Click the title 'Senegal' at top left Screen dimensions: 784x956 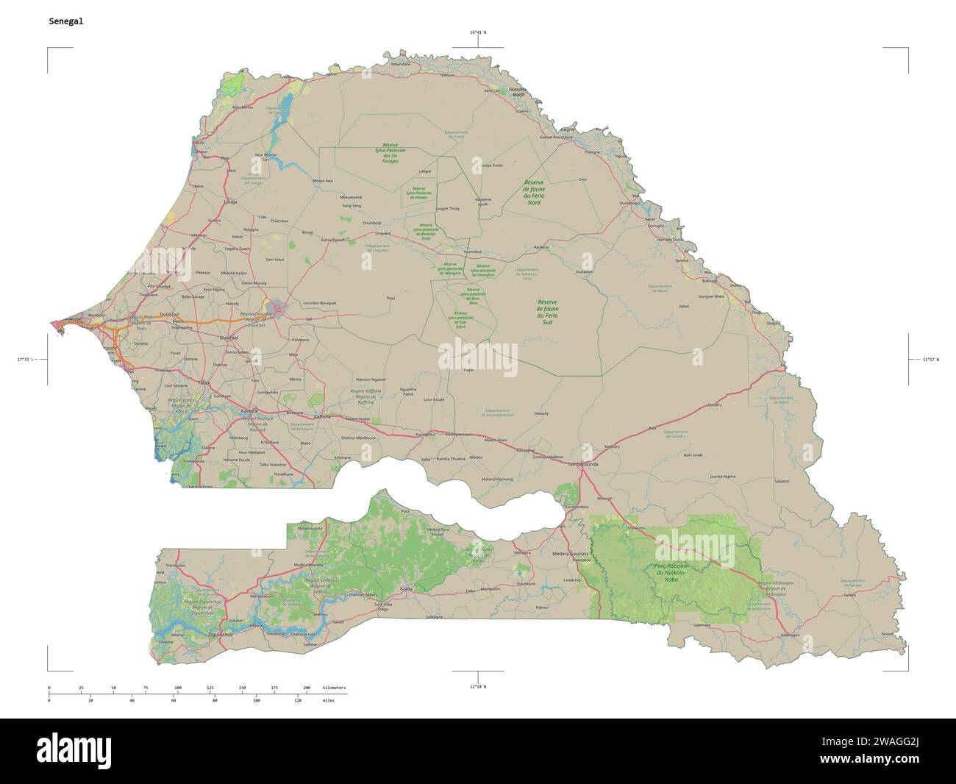pos(65,21)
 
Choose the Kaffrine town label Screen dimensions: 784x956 pos(324,416)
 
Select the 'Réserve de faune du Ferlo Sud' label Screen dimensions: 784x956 pos(548,312)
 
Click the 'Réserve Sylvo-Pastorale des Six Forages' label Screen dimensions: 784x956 pos(385,153)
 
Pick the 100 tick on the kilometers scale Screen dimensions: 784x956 pos(178,687)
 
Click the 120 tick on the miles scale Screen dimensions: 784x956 pos(298,701)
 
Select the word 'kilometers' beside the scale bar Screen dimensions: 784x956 pos(335,687)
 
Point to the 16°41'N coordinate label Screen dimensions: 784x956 pos(477,32)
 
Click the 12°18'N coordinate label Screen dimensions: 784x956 pos(477,685)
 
